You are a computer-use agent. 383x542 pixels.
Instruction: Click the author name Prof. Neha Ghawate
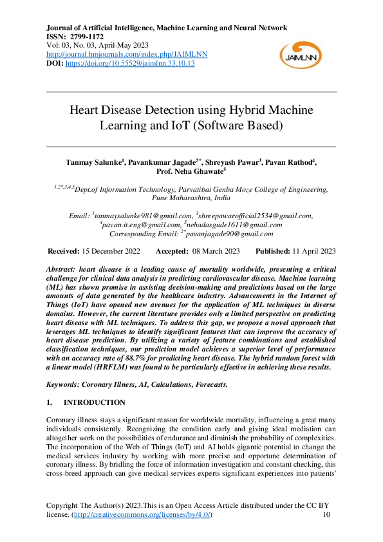191,172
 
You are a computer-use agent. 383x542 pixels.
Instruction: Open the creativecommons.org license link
141,516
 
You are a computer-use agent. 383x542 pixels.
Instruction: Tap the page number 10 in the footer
326,516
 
